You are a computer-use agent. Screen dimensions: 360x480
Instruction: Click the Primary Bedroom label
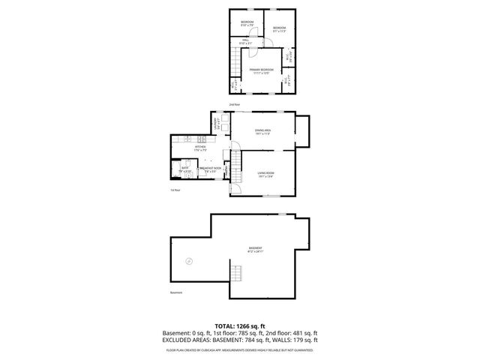pyautogui.click(x=261, y=70)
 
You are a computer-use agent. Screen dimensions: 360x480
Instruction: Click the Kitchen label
pyautogui.click(x=200, y=148)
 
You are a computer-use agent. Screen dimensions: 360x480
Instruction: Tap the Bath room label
pyautogui.click(x=184, y=169)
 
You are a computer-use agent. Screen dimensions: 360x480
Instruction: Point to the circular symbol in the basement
pyautogui.click(x=189, y=261)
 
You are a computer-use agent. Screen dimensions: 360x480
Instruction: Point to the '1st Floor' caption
pyautogui.click(x=175, y=190)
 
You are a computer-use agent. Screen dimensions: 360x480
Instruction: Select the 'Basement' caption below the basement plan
pyautogui.click(x=176, y=292)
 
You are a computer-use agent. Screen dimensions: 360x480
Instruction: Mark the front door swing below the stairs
pyautogui.click(x=234, y=188)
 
